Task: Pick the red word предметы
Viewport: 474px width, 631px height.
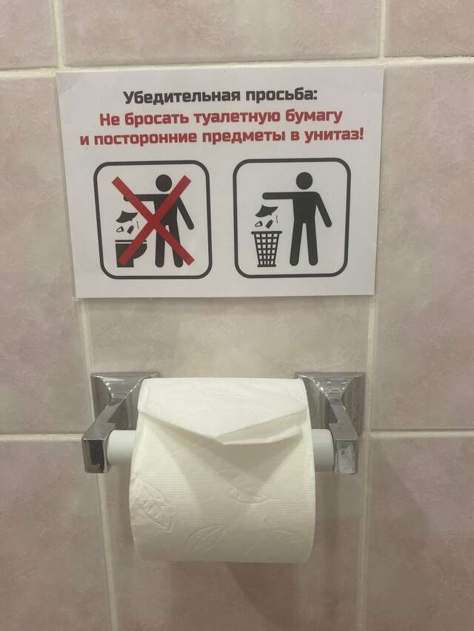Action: [x=248, y=138]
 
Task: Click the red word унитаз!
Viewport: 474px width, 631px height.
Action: [x=333, y=135]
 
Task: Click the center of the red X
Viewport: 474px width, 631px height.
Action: [x=153, y=220]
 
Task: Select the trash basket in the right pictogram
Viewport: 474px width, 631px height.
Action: [x=267, y=248]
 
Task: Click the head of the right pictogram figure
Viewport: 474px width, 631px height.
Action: [x=304, y=180]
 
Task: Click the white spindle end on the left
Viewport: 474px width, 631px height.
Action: [x=120, y=448]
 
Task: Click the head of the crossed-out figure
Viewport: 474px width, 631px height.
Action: [x=164, y=183]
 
